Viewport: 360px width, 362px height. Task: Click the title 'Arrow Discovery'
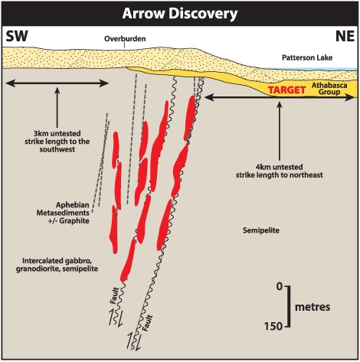[x=180, y=13]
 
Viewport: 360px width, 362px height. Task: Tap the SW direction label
[x=17, y=36]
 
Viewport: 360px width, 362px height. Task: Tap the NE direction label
[x=345, y=36]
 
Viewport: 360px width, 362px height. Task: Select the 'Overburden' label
[x=125, y=39]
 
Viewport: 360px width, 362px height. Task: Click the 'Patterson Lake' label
[x=307, y=57]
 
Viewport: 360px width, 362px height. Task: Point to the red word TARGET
[x=286, y=90]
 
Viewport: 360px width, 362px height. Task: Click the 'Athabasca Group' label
[x=329, y=89]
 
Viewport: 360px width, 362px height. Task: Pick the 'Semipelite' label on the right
[x=261, y=230]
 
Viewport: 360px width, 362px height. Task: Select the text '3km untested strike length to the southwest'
[x=57, y=142]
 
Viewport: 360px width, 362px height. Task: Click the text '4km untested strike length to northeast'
[x=280, y=171]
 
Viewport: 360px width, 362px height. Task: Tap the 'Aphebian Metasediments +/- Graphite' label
[x=63, y=213]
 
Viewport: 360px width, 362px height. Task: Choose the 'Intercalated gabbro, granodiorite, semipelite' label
[x=57, y=265]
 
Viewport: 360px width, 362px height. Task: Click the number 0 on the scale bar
[x=280, y=287]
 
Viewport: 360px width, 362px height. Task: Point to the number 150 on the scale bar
[x=273, y=326]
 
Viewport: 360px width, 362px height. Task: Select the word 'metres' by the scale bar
[x=313, y=307]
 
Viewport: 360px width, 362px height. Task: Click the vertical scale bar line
[x=290, y=306]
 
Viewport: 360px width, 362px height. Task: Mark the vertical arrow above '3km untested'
[x=57, y=107]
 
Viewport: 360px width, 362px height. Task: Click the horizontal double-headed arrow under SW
[x=57, y=83]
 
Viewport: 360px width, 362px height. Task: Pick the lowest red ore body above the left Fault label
[x=128, y=261]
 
